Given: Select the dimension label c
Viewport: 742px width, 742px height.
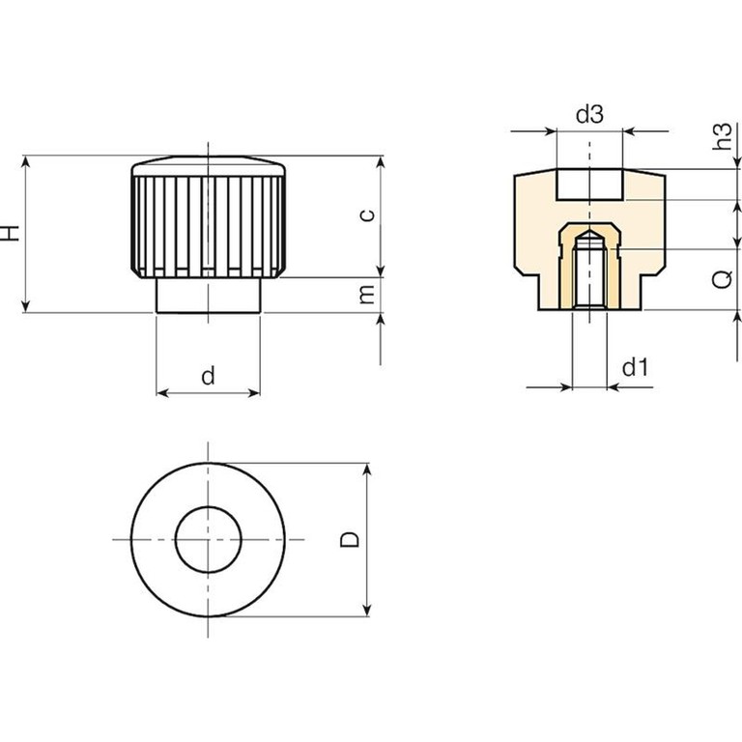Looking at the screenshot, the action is (x=367, y=215).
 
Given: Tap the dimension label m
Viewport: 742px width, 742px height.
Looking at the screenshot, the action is (x=367, y=295).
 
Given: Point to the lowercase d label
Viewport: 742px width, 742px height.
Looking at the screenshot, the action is (x=209, y=375).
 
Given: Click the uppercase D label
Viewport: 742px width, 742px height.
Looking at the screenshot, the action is (x=350, y=539).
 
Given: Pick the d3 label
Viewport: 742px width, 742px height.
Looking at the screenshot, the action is (x=589, y=115).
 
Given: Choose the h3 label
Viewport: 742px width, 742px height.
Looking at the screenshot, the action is (x=723, y=136).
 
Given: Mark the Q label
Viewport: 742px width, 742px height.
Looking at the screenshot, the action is (x=722, y=279).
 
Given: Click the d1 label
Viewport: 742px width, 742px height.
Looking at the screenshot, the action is (x=635, y=367).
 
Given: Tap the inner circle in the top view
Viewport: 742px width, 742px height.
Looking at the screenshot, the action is (x=209, y=507).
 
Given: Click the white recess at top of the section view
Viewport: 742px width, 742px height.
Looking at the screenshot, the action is (x=589, y=185).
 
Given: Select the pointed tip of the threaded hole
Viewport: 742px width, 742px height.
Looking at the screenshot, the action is (x=589, y=232).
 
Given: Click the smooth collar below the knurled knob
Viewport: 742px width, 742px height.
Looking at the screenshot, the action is (x=209, y=296).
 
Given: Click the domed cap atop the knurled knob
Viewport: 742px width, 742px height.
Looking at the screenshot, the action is (x=209, y=165).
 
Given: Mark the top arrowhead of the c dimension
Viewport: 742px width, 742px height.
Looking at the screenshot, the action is (x=381, y=162).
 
